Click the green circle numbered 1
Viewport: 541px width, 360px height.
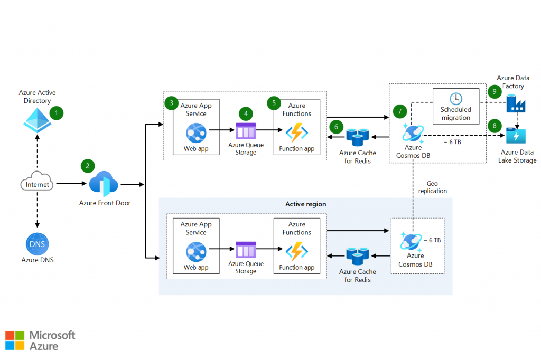(56, 112)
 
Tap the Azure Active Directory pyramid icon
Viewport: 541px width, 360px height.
(36, 120)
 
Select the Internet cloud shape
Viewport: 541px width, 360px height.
(38, 184)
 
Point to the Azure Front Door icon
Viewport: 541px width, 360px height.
(104, 184)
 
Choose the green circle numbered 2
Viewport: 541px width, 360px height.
(87, 166)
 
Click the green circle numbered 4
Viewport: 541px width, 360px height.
(246, 113)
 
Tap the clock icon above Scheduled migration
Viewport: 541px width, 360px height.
(455, 99)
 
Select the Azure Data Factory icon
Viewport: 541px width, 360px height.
(515, 103)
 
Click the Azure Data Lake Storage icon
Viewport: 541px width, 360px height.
(515, 136)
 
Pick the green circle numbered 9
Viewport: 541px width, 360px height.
(495, 91)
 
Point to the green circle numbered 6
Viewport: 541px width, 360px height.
(335, 127)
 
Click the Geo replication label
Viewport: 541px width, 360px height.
(433, 187)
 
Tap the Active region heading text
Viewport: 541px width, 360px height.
(305, 204)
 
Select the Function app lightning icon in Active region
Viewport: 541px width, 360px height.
(297, 251)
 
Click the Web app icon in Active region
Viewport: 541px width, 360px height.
(195, 251)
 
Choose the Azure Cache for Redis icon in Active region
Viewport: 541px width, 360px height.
(357, 257)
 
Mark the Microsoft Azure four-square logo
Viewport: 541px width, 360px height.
(15, 340)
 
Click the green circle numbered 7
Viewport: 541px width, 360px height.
(400, 111)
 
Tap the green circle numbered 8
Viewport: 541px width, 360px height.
(495, 126)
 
